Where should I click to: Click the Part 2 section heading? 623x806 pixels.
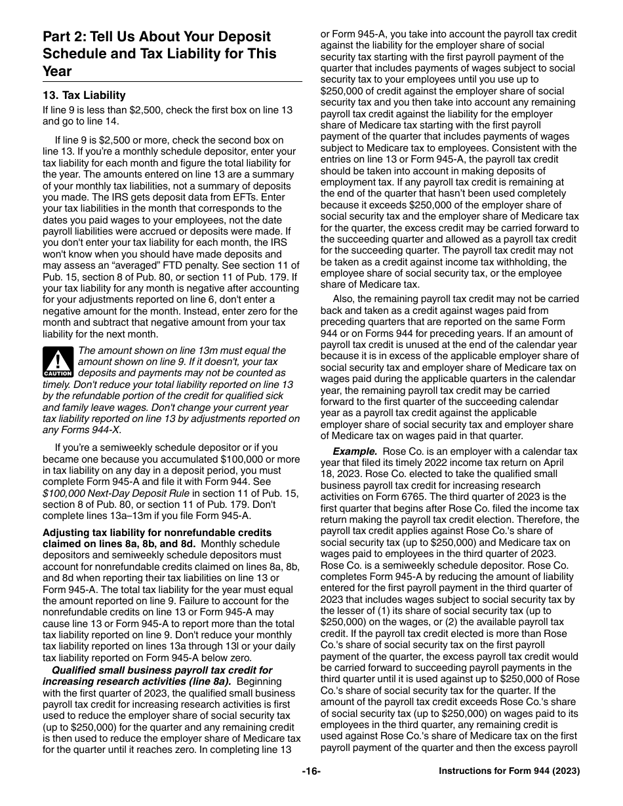(159, 54)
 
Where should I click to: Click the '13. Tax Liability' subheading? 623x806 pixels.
(84, 96)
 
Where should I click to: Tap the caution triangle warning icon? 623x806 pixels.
(58, 362)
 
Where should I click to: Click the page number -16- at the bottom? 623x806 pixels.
(311, 771)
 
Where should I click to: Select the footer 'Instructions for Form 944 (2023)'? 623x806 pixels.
(509, 772)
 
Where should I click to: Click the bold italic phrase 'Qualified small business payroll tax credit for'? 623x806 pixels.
(162, 670)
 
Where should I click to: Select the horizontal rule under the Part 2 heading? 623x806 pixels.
(172, 81)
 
